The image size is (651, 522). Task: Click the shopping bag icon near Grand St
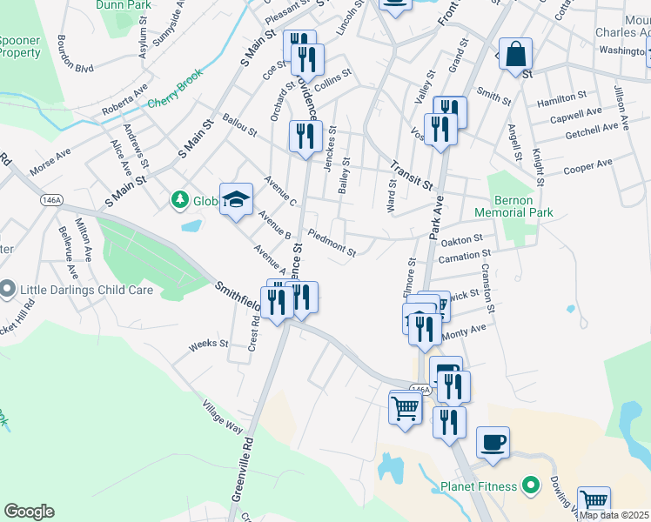(516, 53)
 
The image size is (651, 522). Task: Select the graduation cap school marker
(236, 199)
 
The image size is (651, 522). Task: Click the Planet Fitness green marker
(529, 486)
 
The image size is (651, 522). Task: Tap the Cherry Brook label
(174, 101)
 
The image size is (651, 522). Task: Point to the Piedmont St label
(332, 244)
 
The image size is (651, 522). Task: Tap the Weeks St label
(208, 345)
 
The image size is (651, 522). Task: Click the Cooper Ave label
(587, 165)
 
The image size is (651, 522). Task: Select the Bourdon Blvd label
(74, 54)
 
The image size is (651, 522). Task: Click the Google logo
(29, 512)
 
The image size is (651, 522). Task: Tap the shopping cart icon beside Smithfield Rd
(406, 406)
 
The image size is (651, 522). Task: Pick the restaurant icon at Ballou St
(305, 136)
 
